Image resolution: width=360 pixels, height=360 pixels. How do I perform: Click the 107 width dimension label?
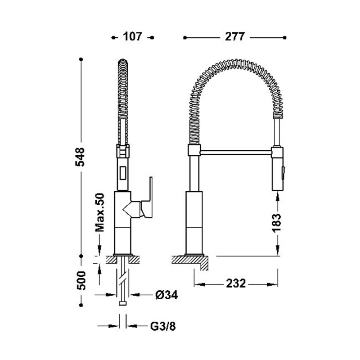point(132,37)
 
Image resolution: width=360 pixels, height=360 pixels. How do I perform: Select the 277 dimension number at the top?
point(234,37)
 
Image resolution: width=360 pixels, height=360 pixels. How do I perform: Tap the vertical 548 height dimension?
point(80,157)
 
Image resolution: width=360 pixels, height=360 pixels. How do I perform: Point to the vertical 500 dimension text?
point(81,280)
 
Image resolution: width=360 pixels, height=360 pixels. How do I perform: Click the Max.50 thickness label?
point(99,212)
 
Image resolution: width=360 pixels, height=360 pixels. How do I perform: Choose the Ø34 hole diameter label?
point(166,295)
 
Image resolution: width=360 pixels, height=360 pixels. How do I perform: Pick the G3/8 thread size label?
point(163,326)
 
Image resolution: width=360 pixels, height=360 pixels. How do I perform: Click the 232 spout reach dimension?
point(236,283)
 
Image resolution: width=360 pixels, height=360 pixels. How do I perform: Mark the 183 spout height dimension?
point(277,223)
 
